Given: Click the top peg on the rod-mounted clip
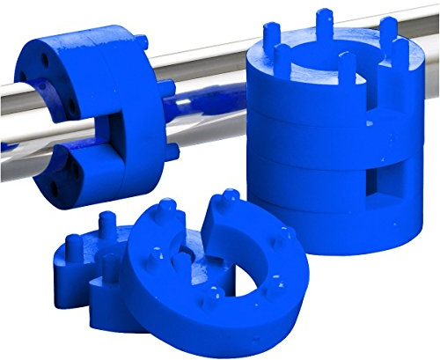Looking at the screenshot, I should coord(141,41).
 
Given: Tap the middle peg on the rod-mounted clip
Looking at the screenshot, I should coord(165,87).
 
